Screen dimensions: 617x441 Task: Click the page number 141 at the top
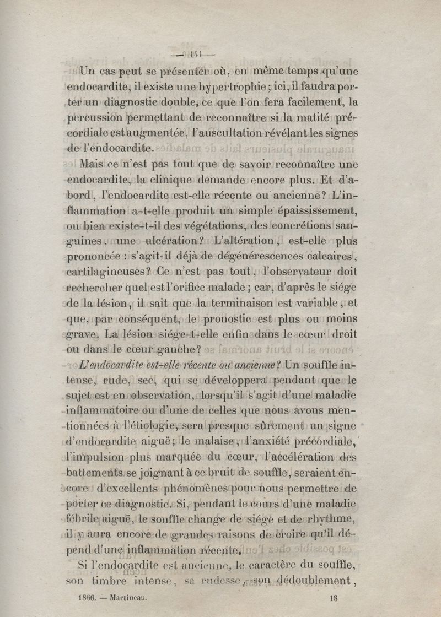click(x=194, y=54)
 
